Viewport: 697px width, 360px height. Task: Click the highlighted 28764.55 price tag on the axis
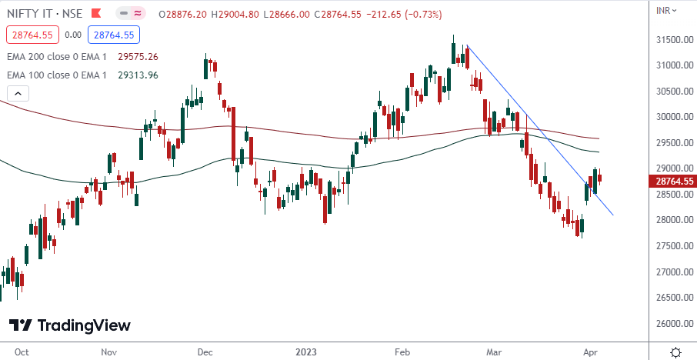(675, 182)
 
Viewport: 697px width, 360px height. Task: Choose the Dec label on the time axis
(205, 352)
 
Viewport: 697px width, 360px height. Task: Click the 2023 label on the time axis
(306, 352)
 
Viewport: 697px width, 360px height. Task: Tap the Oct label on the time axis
(22, 352)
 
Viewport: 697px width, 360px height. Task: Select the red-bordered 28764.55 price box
(32, 35)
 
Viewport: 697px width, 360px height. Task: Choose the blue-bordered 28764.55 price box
(112, 35)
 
